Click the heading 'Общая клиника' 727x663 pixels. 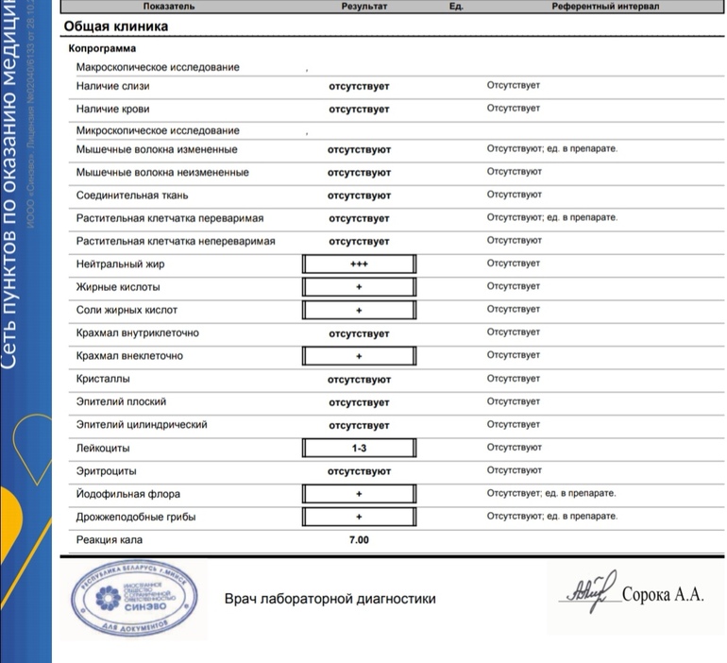(x=116, y=26)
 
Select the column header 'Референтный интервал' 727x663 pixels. (x=605, y=7)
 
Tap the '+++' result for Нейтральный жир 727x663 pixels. (x=359, y=263)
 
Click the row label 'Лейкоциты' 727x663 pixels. (x=103, y=448)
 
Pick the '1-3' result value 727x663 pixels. (x=359, y=448)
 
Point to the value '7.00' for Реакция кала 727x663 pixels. (x=359, y=540)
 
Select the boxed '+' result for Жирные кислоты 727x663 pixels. (x=359, y=287)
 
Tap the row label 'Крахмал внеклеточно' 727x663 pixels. (x=129, y=356)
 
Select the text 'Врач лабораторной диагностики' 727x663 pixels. (x=330, y=599)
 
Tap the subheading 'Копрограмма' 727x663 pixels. (x=102, y=48)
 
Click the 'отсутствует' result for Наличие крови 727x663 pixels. (x=359, y=110)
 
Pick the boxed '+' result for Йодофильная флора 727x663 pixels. (x=359, y=494)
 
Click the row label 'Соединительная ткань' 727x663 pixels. (x=133, y=195)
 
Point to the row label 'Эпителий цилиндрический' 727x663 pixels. (x=142, y=425)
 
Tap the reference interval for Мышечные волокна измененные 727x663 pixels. (x=551, y=149)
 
